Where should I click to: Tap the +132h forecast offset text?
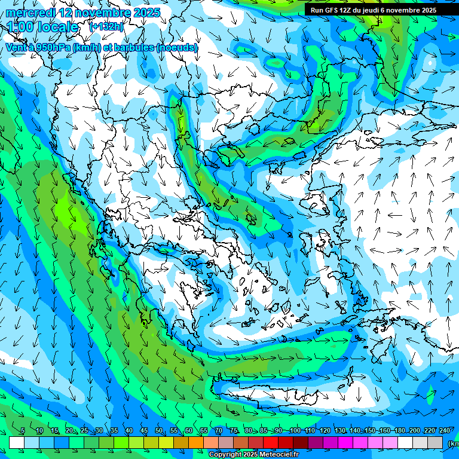pyautogui.click(x=106, y=26)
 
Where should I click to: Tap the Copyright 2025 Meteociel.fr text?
pyautogui.click(x=253, y=455)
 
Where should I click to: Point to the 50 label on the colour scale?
pyautogui.click(x=158, y=431)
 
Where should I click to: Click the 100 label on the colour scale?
pyautogui.click(x=295, y=431)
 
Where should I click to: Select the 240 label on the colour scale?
pyautogui.click(x=445, y=431)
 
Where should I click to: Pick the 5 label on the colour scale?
pyautogui.click(x=23, y=431)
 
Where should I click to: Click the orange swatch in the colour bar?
pyautogui.click(x=196, y=442)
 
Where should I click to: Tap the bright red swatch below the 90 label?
pyautogui.click(x=271, y=442)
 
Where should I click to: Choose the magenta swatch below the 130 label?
pyautogui.click(x=345, y=442)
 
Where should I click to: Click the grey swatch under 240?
pyautogui.click(x=435, y=442)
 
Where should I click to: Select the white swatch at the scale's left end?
pyautogui.click(x=17, y=442)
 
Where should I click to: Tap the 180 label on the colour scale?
pyautogui.click(x=400, y=431)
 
